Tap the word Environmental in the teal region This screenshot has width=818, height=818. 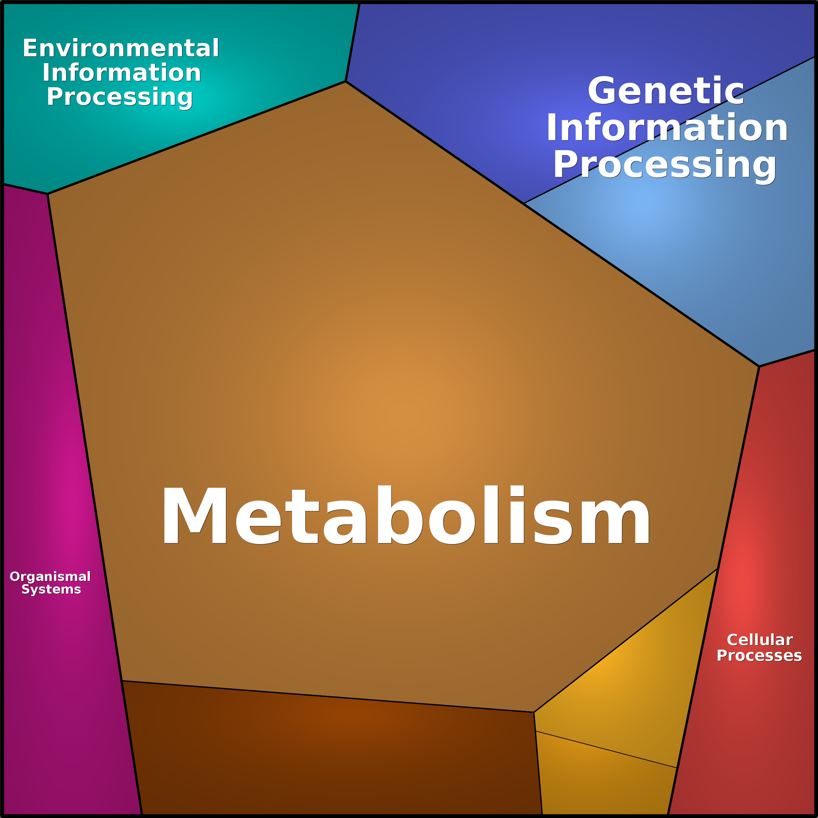(x=121, y=48)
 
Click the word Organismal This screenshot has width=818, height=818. (x=50, y=576)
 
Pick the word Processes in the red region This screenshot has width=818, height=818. (x=759, y=656)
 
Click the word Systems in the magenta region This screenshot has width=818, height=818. (x=51, y=589)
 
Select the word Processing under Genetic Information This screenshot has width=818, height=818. (x=665, y=164)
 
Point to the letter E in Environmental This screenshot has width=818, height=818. (x=31, y=48)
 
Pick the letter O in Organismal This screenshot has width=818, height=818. (x=15, y=576)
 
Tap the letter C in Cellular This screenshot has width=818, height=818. (x=733, y=640)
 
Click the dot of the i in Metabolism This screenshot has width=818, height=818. (x=517, y=491)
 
